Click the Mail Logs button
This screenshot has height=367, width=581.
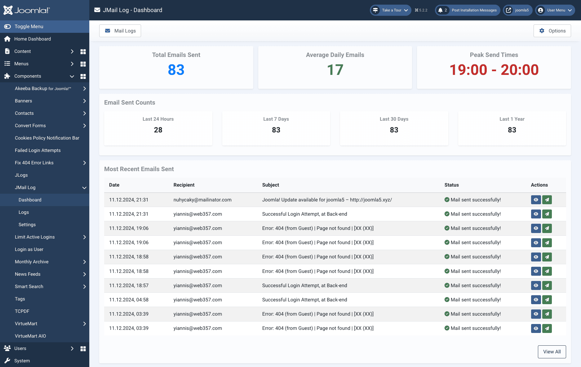tap(120, 31)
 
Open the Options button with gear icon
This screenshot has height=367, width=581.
tap(552, 31)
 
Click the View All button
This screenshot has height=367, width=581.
tap(552, 352)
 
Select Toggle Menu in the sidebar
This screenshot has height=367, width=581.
tap(29, 27)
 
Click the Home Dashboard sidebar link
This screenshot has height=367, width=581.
tap(32, 39)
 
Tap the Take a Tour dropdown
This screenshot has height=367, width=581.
tap(391, 10)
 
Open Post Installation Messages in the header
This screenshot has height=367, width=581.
tap(468, 10)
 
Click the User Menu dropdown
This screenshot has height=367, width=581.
tap(555, 10)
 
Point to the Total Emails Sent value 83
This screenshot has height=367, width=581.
tap(176, 70)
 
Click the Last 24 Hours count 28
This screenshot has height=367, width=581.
tap(158, 130)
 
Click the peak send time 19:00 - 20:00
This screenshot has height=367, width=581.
tap(494, 70)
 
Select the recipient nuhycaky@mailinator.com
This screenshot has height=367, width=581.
tap(202, 200)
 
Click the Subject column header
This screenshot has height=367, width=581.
tap(271, 185)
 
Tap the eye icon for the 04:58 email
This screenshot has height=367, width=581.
tap(536, 300)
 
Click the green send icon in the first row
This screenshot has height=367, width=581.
tap(547, 200)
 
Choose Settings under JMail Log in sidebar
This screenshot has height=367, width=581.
tap(27, 225)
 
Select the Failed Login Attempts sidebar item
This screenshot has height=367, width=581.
tap(38, 150)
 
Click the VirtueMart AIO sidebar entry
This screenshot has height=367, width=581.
tap(30, 336)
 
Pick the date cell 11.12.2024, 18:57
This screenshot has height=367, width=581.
tap(129, 286)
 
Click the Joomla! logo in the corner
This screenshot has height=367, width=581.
tap(26, 10)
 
